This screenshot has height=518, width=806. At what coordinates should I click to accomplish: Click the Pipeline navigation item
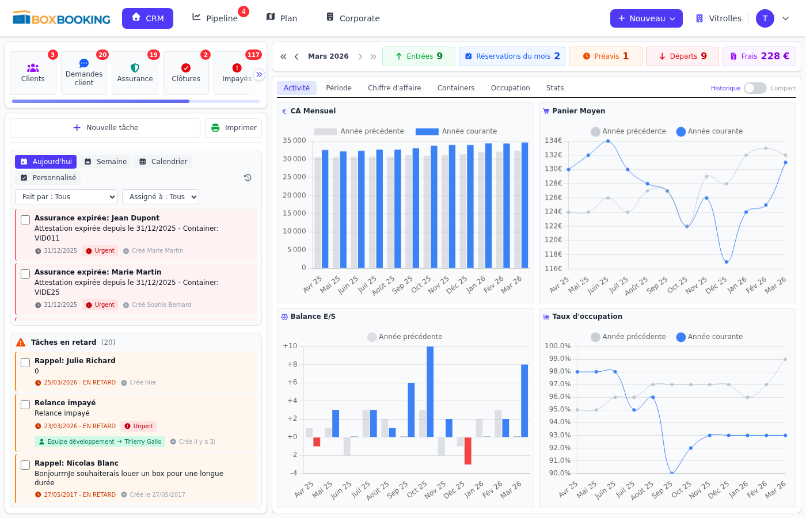pyautogui.click(x=215, y=18)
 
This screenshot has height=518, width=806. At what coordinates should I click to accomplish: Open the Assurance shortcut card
pyautogui.click(x=135, y=73)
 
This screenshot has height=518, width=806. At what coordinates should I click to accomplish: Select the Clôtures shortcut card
pyautogui.click(x=186, y=73)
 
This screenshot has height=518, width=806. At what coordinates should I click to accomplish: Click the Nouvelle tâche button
pyautogui.click(x=105, y=128)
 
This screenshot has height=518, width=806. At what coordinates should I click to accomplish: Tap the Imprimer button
pyautogui.click(x=233, y=128)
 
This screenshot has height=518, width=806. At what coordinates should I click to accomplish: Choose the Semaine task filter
pyautogui.click(x=105, y=162)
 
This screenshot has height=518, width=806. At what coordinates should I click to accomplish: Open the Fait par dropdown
pyautogui.click(x=66, y=197)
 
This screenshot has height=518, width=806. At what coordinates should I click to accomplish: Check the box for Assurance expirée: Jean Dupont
pyautogui.click(x=25, y=220)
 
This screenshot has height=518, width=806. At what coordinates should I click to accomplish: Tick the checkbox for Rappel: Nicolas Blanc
pyautogui.click(x=25, y=465)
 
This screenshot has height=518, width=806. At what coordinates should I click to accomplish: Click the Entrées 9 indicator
pyautogui.click(x=419, y=56)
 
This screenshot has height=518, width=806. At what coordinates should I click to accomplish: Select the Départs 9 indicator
pyautogui.click(x=682, y=56)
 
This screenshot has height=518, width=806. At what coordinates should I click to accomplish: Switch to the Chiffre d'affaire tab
pyautogui.click(x=394, y=88)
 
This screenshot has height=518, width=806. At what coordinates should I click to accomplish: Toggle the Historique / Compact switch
pyautogui.click(x=755, y=88)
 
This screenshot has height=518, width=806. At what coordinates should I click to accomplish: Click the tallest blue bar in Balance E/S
pyautogui.click(x=430, y=391)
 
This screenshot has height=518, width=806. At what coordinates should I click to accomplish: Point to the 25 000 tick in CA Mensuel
pyautogui.click(x=294, y=177)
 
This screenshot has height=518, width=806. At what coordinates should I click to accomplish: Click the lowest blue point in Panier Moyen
pyautogui.click(x=727, y=262)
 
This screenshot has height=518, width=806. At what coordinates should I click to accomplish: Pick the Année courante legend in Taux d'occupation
pyautogui.click(x=709, y=337)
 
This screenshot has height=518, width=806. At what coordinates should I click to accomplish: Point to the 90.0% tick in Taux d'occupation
pyautogui.click(x=557, y=473)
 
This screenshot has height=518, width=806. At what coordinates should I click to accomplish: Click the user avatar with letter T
pyautogui.click(x=765, y=18)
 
